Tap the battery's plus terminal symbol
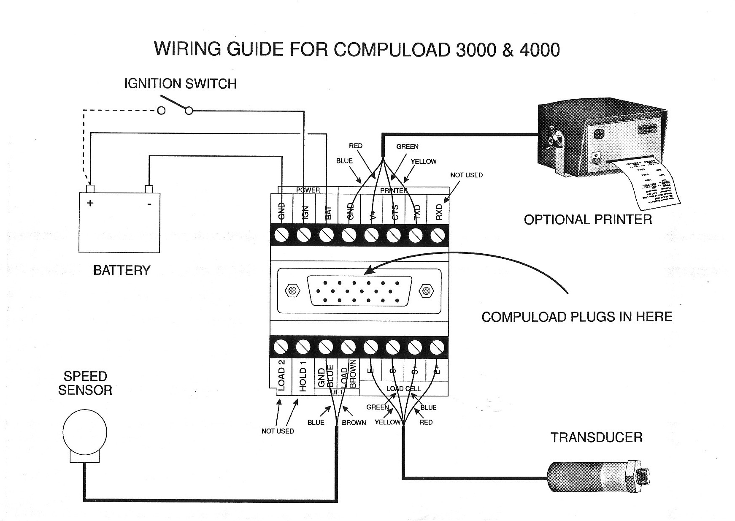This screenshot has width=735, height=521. pos(90,204)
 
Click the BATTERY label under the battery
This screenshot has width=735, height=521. pos(122,270)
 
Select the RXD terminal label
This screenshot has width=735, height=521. pos(439,212)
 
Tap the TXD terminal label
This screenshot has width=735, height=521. pos(417,212)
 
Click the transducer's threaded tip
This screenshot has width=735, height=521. pos(643,477)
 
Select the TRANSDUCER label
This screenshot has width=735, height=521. pos(596,437)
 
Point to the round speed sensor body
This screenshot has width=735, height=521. pos(84,432)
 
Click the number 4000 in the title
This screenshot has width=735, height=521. pos(539,50)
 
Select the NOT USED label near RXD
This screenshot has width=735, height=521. pos(466,175)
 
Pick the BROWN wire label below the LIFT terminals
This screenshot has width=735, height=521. pos(354,423)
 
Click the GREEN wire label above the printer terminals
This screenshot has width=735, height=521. pos(407,147)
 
